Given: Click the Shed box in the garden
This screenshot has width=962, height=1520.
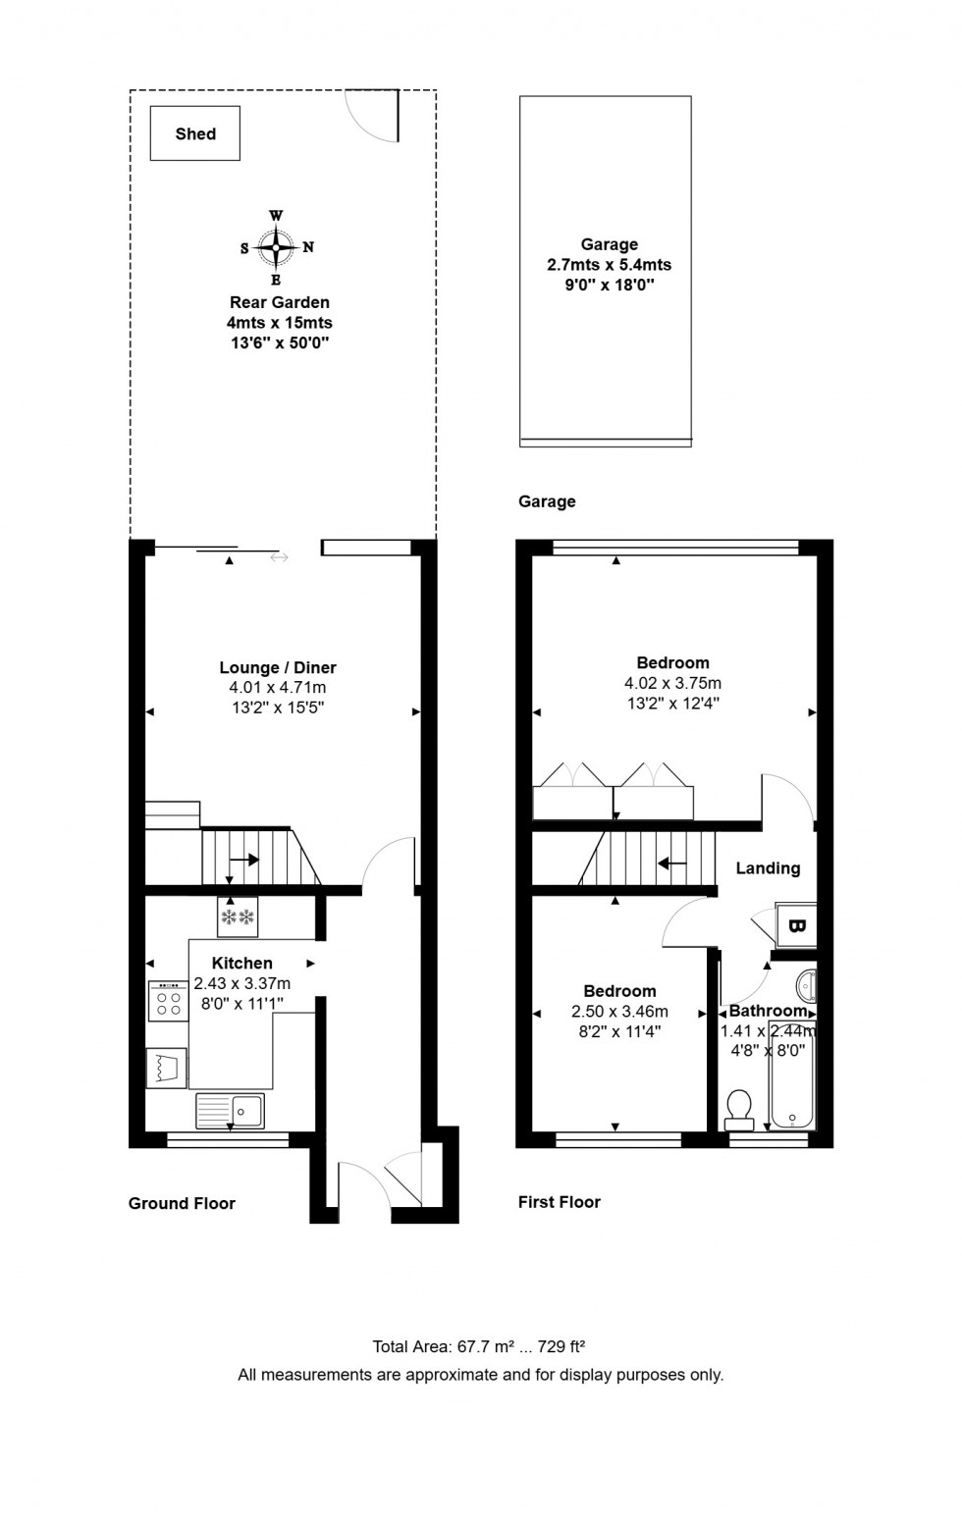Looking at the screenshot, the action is tap(194, 133).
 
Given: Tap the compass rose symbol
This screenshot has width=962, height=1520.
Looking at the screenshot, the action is tap(276, 247).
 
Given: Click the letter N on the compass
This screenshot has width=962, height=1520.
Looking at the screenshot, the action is tap(308, 247).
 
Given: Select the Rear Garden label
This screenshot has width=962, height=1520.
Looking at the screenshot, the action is tap(279, 302).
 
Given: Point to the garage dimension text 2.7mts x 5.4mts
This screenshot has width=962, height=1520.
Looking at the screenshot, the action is tap(609, 265).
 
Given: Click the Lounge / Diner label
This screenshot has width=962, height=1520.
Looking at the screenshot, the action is tap(278, 667).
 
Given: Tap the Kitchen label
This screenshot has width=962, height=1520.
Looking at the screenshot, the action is tap(241, 963).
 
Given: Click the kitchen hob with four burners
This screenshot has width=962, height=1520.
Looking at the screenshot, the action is tap(169, 1001).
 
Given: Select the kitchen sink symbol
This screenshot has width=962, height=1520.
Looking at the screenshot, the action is tap(230, 1111).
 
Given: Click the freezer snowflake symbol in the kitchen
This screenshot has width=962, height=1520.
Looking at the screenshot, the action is tap(237, 917).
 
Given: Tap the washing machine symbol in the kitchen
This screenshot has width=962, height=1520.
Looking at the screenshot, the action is tap(167, 1068).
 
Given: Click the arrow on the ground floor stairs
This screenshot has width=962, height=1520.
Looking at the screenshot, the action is tap(243, 860).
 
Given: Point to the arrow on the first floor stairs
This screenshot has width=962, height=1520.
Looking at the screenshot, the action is tap(672, 864).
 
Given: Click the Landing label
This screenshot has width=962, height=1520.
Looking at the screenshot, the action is tap(768, 868).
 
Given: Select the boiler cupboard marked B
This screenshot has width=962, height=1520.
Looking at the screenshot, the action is tap(796, 925).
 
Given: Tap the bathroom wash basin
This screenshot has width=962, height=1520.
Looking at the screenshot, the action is tap(807, 986).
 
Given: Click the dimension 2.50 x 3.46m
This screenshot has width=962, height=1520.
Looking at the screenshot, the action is tap(619, 1012).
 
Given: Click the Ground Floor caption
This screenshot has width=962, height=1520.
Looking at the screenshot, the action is tap(182, 1204).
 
